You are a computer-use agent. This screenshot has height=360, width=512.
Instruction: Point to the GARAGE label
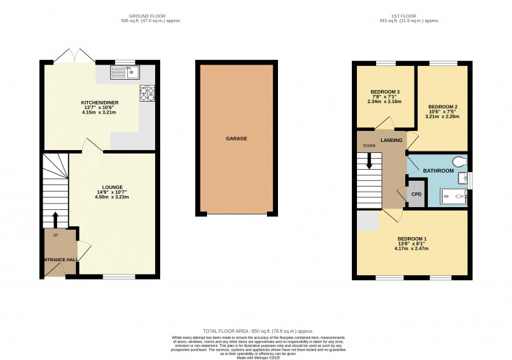click(236, 138)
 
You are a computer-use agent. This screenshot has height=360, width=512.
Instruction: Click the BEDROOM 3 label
click(383, 91)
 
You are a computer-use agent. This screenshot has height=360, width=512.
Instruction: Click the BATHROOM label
click(438, 170)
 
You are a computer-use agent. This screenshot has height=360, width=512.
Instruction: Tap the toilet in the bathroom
click(459, 160)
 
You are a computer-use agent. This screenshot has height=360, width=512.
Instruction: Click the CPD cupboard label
click(417, 195)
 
